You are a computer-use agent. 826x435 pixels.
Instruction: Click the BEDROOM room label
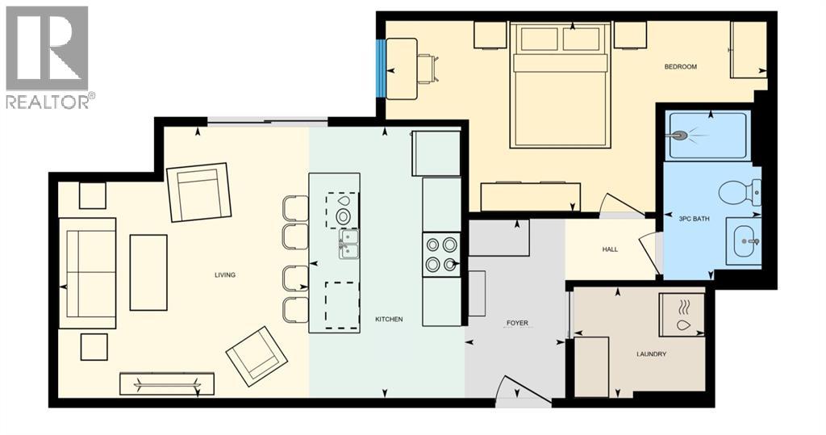(680, 66)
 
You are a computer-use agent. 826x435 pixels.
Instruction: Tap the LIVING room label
(224, 275)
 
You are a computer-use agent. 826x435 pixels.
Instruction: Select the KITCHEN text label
(389, 320)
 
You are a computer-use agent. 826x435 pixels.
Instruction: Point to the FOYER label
(517, 323)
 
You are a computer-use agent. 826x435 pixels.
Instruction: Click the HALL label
(610, 249)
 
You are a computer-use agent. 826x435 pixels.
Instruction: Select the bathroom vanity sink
(743, 241)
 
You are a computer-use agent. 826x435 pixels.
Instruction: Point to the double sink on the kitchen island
(348, 242)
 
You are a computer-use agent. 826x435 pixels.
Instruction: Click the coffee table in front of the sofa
(148, 273)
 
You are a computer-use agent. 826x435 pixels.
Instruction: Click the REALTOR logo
(48, 56)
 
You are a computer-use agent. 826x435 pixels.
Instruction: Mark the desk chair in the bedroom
(428, 68)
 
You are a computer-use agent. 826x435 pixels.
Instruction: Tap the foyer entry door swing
(513, 389)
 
